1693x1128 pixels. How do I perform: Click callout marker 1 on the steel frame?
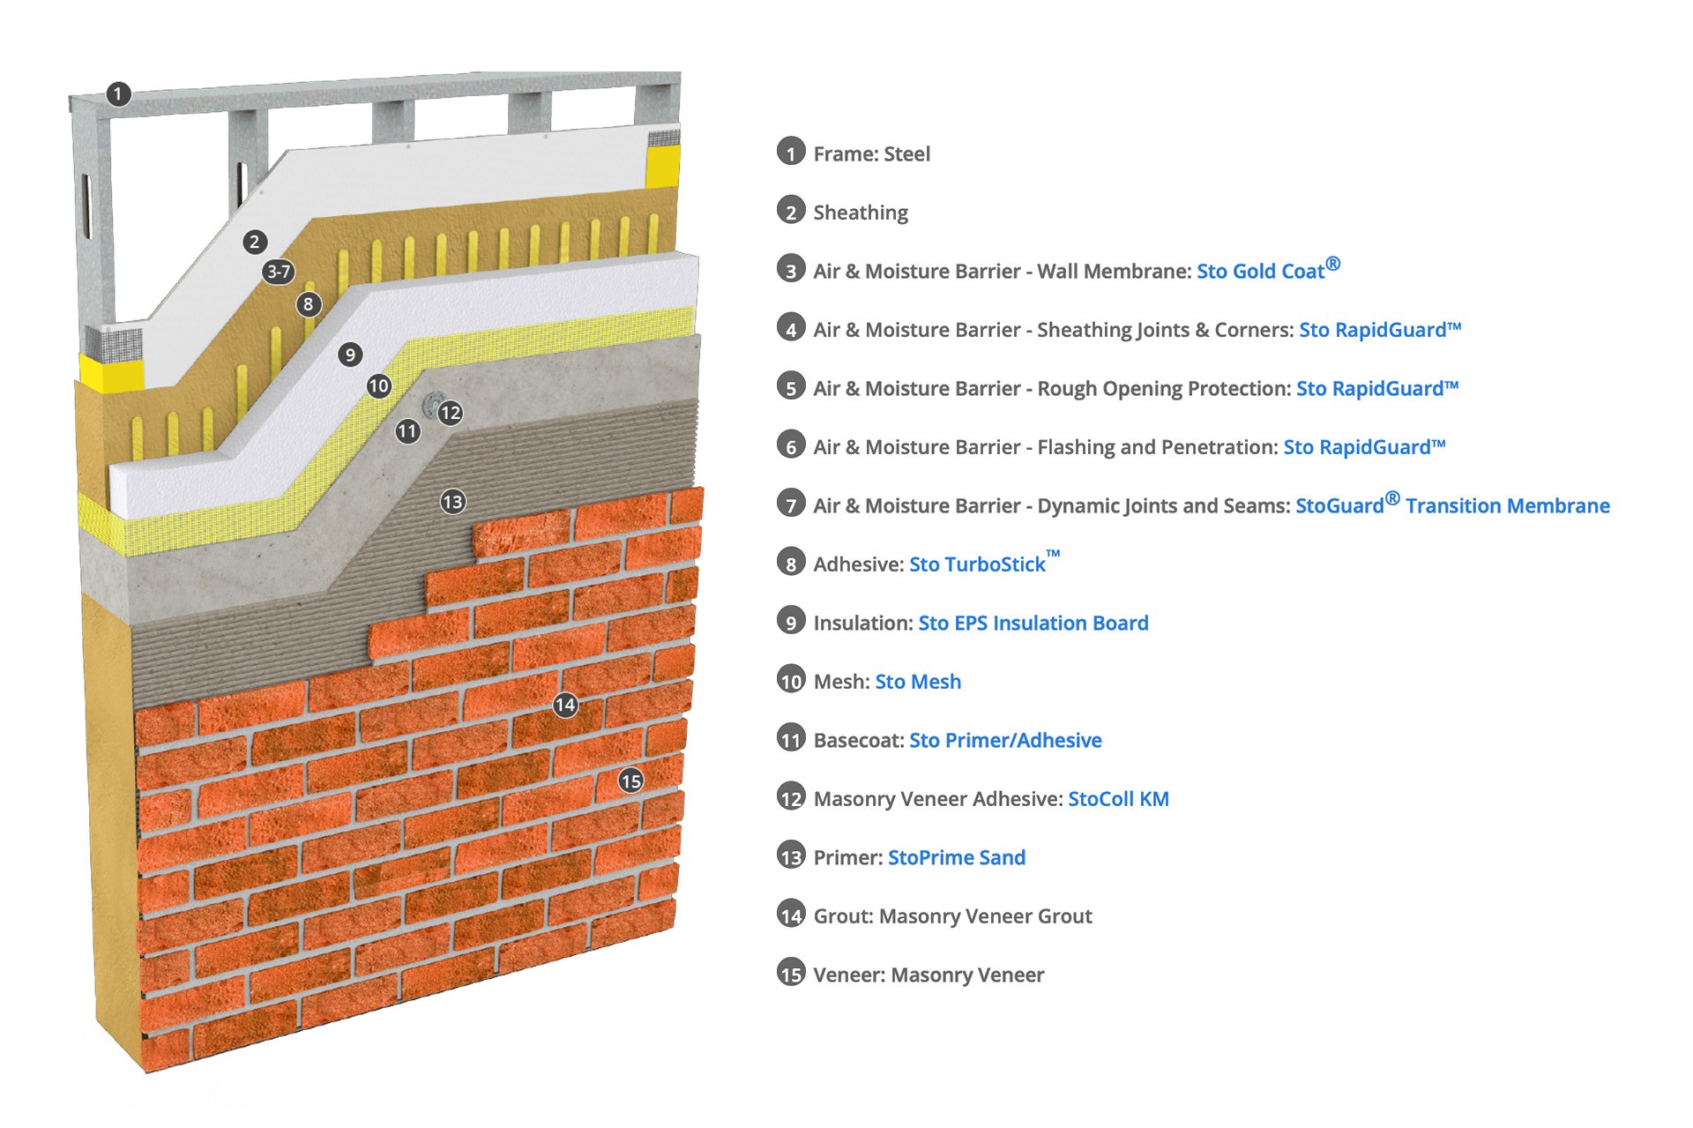coord(118,93)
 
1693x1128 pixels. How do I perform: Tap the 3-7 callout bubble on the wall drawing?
coord(279,272)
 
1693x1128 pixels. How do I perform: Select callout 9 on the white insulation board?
coord(350,355)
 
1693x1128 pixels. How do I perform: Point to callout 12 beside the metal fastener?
coord(451,413)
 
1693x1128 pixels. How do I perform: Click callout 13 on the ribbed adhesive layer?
coord(453,502)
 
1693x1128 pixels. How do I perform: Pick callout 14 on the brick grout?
coord(565,705)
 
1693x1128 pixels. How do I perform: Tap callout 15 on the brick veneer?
coord(630,781)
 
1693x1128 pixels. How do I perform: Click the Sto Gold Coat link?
coord(1267,270)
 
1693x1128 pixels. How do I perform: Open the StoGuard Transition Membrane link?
coord(1452,505)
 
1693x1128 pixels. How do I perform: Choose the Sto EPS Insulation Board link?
coord(1033,623)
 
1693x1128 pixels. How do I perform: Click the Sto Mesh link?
coord(918,682)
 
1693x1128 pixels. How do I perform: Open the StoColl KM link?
coord(1118,799)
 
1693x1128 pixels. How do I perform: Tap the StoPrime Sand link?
coord(957,857)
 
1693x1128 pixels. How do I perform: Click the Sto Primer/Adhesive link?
coord(1005,740)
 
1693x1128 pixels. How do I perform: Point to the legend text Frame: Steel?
coord(871,153)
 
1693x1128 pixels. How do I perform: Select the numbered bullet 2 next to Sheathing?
coord(791,211)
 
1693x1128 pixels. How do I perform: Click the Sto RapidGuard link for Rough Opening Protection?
coord(1377,388)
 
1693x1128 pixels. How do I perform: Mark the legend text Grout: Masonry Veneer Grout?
coord(952,916)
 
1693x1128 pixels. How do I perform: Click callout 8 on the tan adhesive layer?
coord(308,304)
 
